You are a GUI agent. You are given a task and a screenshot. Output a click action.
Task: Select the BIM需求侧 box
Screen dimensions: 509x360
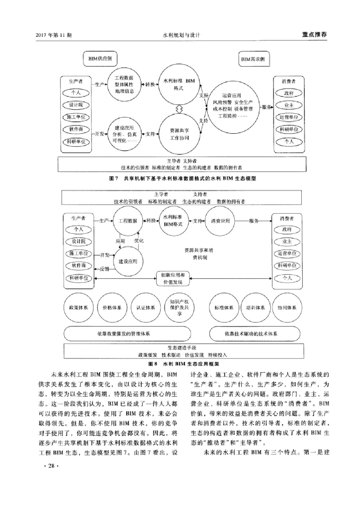tap(254, 59)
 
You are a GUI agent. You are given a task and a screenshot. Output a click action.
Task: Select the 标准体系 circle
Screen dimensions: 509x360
tap(224, 308)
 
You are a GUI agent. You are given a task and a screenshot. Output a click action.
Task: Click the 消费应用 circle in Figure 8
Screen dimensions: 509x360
tap(221, 221)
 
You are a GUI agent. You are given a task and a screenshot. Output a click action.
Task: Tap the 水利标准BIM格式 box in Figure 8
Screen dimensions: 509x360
tap(173, 221)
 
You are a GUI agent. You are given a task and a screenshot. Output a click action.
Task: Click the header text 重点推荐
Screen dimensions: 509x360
tap(314, 35)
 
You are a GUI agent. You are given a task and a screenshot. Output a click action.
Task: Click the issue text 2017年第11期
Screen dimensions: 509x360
tap(54, 35)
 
